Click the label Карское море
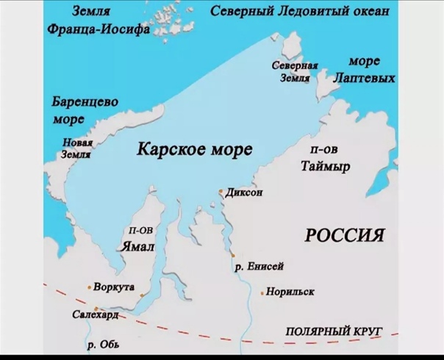[x=194, y=150]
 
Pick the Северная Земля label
[x=295, y=72]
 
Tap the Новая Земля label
[x=77, y=148]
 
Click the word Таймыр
[x=325, y=166]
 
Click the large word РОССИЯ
[x=345, y=235]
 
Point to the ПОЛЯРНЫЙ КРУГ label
[x=334, y=333]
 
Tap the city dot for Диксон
[x=220, y=191]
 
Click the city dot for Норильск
[x=262, y=292]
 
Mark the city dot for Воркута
[x=89, y=287]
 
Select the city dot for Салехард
[x=96, y=309]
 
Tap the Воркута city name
[x=114, y=287]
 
